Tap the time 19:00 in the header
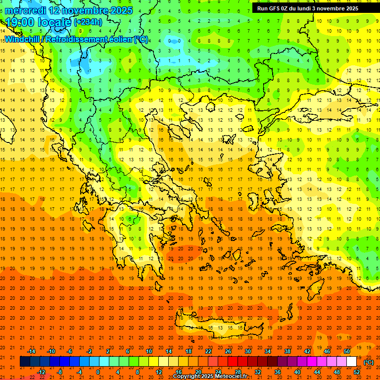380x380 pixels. pyautogui.click(x=22, y=22)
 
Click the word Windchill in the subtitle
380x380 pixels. pyautogui.click(x=22, y=39)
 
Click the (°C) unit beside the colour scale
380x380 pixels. pyautogui.click(x=369, y=362)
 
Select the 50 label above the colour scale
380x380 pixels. pyautogui.click(x=347, y=351)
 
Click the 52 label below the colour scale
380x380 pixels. pyautogui.click(x=357, y=372)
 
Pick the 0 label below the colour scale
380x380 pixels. pyautogui.click(x=98, y=372)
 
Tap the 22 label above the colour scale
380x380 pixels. pyautogui.click(x=208, y=351)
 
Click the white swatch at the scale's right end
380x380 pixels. pyautogui.click(x=352, y=362)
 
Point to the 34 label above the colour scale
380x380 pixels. pyautogui.click(x=268, y=351)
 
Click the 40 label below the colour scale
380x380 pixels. pyautogui.click(x=297, y=372)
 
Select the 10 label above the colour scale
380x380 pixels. pyautogui.click(x=149, y=351)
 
